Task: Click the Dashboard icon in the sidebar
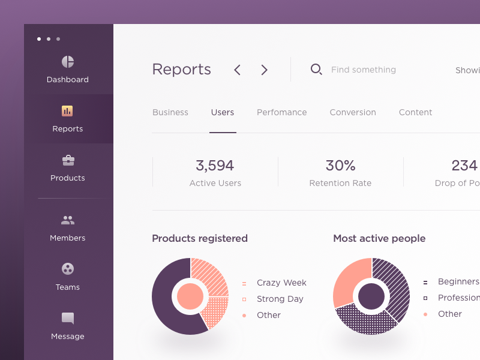68,62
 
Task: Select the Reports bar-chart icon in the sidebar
67,111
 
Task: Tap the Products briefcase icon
68,160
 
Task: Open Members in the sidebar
68,220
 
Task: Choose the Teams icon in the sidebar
68,269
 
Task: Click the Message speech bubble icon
68,318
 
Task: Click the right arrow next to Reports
264,70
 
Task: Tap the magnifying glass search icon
316,70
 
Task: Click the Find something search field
364,70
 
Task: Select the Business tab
170,112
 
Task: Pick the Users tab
223,112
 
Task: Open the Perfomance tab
282,112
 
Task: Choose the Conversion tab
353,112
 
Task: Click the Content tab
415,112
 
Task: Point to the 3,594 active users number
215,165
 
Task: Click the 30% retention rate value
340,165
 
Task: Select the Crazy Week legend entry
281,283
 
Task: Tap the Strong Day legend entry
280,299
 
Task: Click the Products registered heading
200,238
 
